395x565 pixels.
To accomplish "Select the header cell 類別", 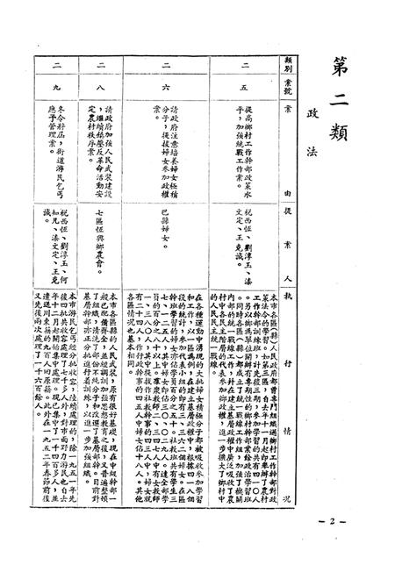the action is tap(285, 64).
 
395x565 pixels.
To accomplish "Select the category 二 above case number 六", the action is tap(168, 65).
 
